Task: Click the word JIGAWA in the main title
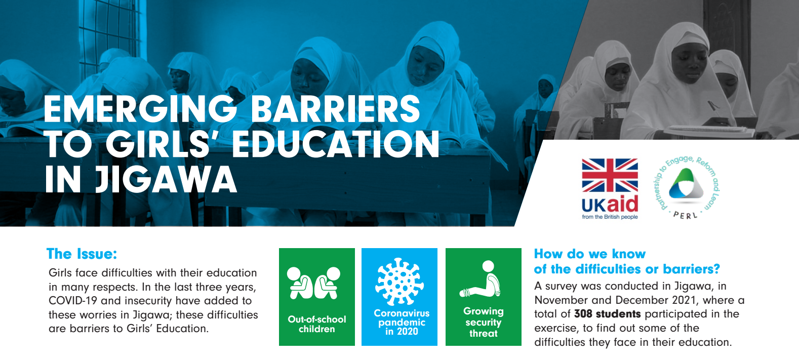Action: coord(166,179)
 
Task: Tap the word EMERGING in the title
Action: coord(140,109)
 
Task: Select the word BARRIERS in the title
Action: coord(336,109)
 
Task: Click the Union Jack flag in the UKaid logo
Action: coord(610,176)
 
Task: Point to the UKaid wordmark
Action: coord(610,205)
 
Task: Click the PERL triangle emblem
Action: coord(686,184)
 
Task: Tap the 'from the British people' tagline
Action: coord(610,217)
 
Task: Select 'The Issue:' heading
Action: coord(82,254)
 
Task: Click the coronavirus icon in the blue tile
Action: coord(399,282)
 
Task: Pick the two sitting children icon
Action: coord(313,283)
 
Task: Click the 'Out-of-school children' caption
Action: coord(317,324)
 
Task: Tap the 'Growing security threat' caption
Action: coord(484,322)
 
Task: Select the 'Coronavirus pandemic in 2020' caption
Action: coord(402,322)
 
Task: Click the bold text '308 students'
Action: coord(607,314)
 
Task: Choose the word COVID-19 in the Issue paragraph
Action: coord(73,300)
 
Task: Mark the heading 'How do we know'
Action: coord(589,254)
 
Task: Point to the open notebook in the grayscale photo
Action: coord(710,131)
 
